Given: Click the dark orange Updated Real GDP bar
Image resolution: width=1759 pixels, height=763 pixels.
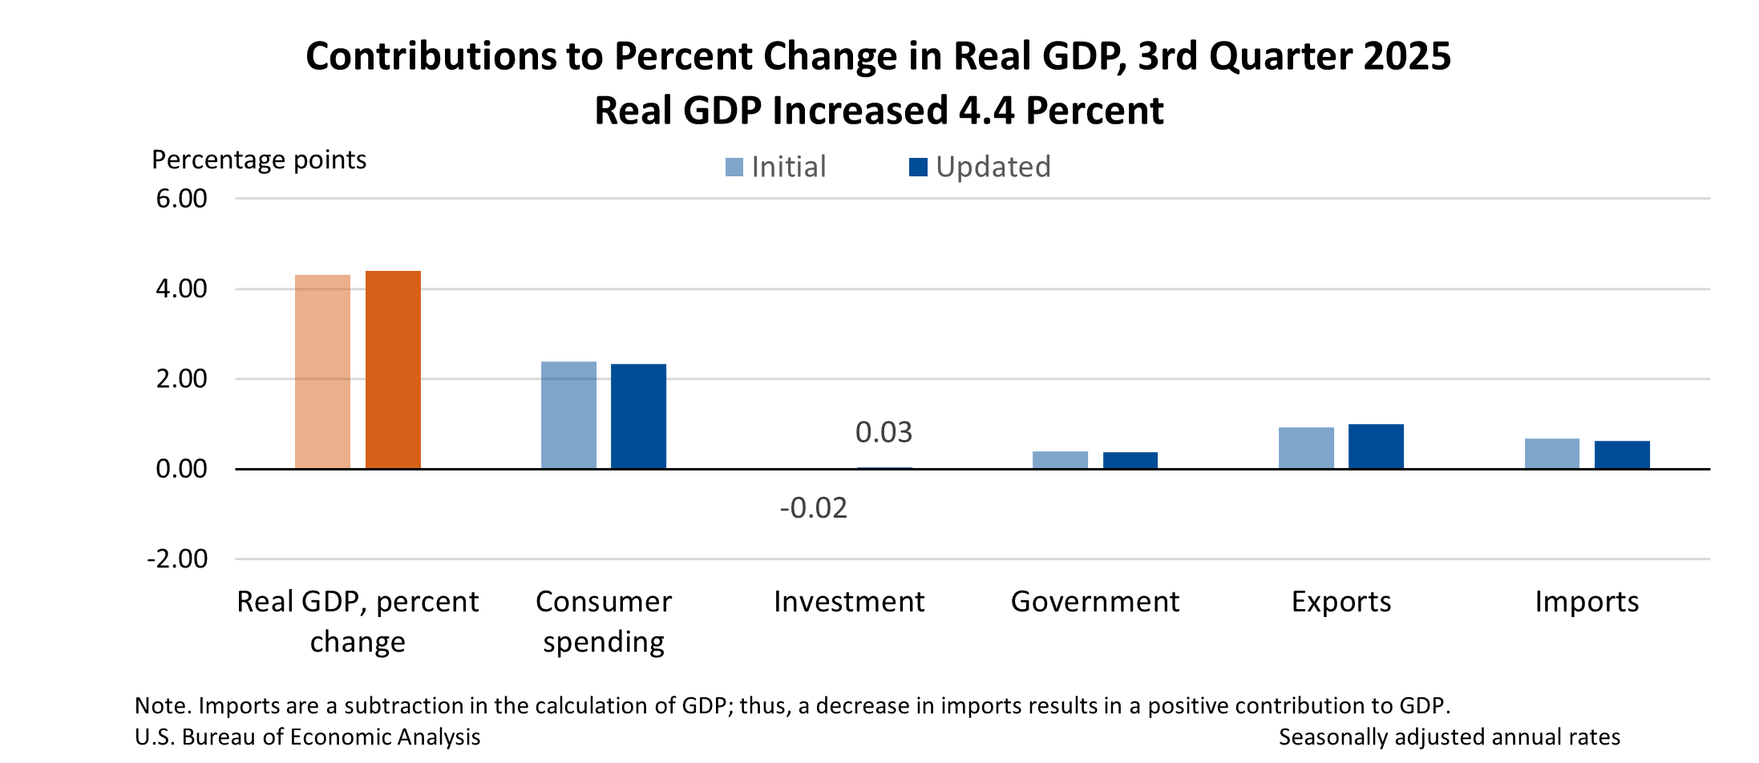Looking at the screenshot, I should (393, 369).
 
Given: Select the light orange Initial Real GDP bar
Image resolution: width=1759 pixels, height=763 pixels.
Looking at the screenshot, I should (322, 372).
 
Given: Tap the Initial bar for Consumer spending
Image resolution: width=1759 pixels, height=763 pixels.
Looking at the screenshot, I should (568, 415).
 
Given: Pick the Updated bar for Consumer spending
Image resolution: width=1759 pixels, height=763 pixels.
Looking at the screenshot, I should (638, 416).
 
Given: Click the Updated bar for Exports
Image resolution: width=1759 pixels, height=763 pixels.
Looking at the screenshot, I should (1376, 446).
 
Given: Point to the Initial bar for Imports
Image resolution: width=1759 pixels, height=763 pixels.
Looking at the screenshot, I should (1551, 454).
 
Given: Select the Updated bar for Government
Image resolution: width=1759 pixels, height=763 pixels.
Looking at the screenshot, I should (1130, 460).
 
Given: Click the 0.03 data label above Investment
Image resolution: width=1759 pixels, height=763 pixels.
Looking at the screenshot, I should (884, 433).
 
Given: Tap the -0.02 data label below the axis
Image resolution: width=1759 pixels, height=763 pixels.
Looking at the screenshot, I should (813, 508).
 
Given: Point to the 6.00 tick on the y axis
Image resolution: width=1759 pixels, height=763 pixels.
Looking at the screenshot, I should (182, 198).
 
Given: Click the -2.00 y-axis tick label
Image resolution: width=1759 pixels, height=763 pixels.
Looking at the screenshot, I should (177, 559).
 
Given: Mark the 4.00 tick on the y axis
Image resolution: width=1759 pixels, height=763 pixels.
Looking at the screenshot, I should (182, 289).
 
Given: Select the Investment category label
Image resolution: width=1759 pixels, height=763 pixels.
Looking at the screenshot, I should (849, 602).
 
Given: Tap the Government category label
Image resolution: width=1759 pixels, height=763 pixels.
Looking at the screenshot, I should (1094, 602).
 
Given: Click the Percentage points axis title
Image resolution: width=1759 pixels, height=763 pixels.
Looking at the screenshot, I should (259, 159).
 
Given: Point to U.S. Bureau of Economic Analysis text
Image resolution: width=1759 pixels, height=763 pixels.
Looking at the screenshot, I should (308, 737).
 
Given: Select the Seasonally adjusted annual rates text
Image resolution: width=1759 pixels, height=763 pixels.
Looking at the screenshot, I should (1449, 737).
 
